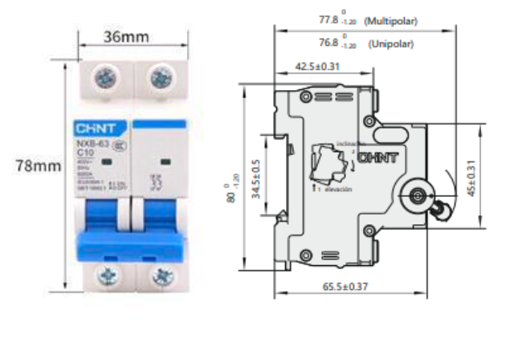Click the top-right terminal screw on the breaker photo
click(x=157, y=79)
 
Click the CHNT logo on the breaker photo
click(x=96, y=129)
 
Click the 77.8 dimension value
click(x=329, y=20)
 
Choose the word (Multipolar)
click(x=391, y=21)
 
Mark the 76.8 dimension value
click(x=329, y=44)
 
